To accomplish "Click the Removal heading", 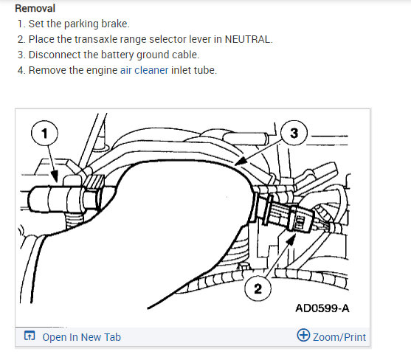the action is tap(35, 8).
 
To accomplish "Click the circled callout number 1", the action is tap(44, 133).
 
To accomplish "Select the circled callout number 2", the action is tap(258, 289).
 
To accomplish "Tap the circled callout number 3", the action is tap(294, 133).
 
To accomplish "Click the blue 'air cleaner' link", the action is tap(144, 70).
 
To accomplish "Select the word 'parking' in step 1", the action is tap(81, 24).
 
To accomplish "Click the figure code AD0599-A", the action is tap(322, 308).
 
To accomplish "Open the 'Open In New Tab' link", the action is tap(81, 337).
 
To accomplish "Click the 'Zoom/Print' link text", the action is tap(339, 337).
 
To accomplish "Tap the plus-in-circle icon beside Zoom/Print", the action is tap(303, 335).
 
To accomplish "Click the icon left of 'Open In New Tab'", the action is tap(30, 336).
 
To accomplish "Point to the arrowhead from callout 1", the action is tap(55, 176).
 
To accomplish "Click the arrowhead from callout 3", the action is tap(240, 161).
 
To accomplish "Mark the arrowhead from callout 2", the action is tap(291, 240).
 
